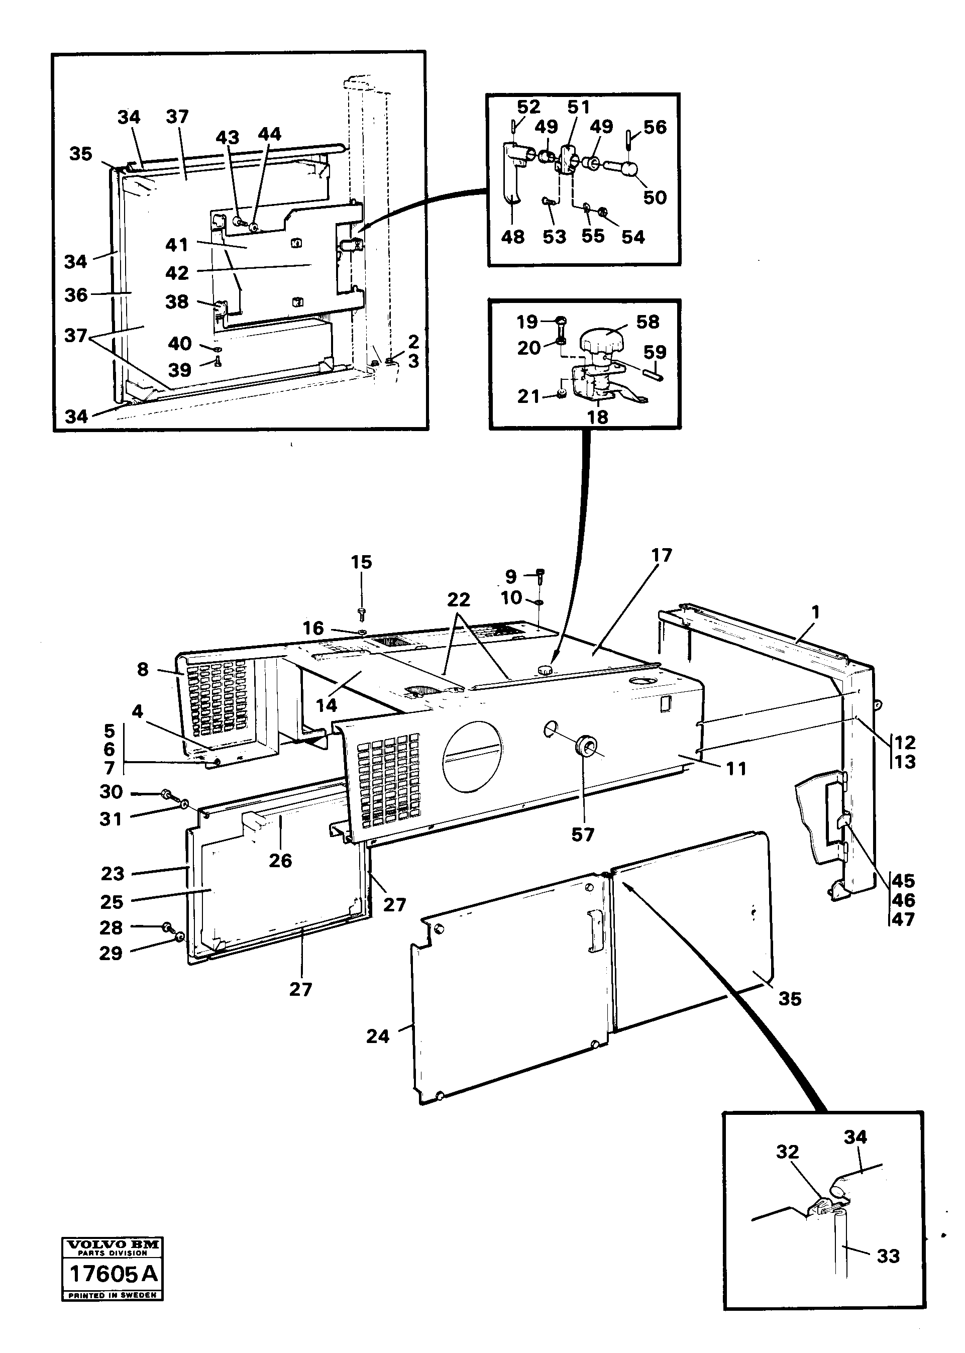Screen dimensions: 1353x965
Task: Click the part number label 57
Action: (582, 835)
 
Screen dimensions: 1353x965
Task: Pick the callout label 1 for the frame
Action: (816, 612)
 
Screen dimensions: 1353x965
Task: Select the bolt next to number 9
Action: (540, 575)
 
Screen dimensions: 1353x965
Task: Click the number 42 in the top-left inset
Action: (177, 273)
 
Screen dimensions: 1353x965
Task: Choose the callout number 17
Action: (662, 556)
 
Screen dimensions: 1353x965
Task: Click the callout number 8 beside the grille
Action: (143, 670)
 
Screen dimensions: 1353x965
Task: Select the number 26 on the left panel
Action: (280, 861)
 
